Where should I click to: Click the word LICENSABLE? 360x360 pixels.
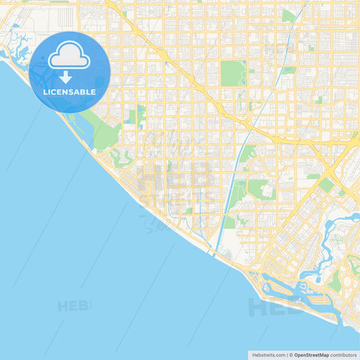[x=70, y=92]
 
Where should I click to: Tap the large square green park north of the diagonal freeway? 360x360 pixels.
[x=232, y=73]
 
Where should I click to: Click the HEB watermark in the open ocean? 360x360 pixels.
[x=74, y=305]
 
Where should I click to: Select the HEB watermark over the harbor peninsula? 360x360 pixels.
[x=274, y=307]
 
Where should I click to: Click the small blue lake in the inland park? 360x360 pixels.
[x=141, y=111]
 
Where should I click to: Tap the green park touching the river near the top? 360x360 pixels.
[x=288, y=15]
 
